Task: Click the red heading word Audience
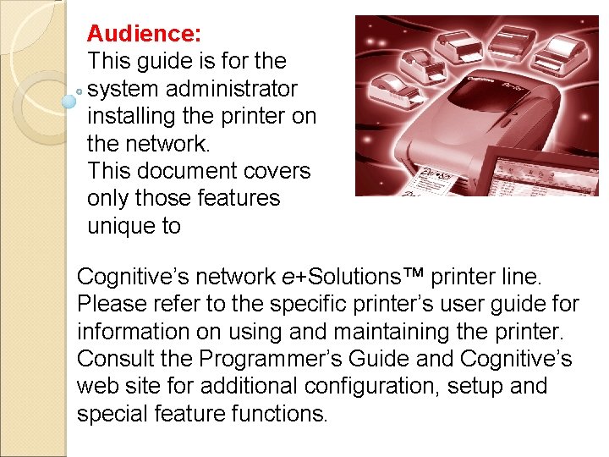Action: click(143, 34)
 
